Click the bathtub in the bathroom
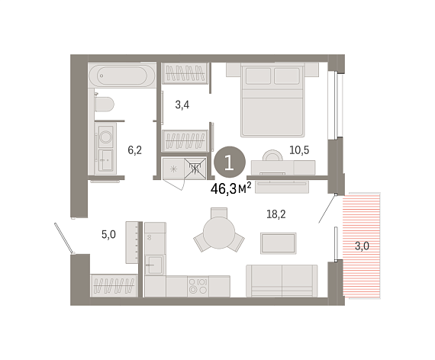122,76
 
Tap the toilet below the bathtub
105,104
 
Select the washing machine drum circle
105,137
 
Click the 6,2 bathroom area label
135,150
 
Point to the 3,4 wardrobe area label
182,104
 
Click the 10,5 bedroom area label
299,150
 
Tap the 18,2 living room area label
276,214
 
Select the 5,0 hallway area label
108,235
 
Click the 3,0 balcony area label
362,246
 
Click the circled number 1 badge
230,162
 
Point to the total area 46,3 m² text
231,189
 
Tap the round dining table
219,233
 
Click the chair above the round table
219,213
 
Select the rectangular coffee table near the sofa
279,243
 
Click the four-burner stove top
198,286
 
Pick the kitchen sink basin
154,265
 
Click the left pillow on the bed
258,76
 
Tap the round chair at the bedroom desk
272,156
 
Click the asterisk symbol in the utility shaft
174,169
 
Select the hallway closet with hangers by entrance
114,286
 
